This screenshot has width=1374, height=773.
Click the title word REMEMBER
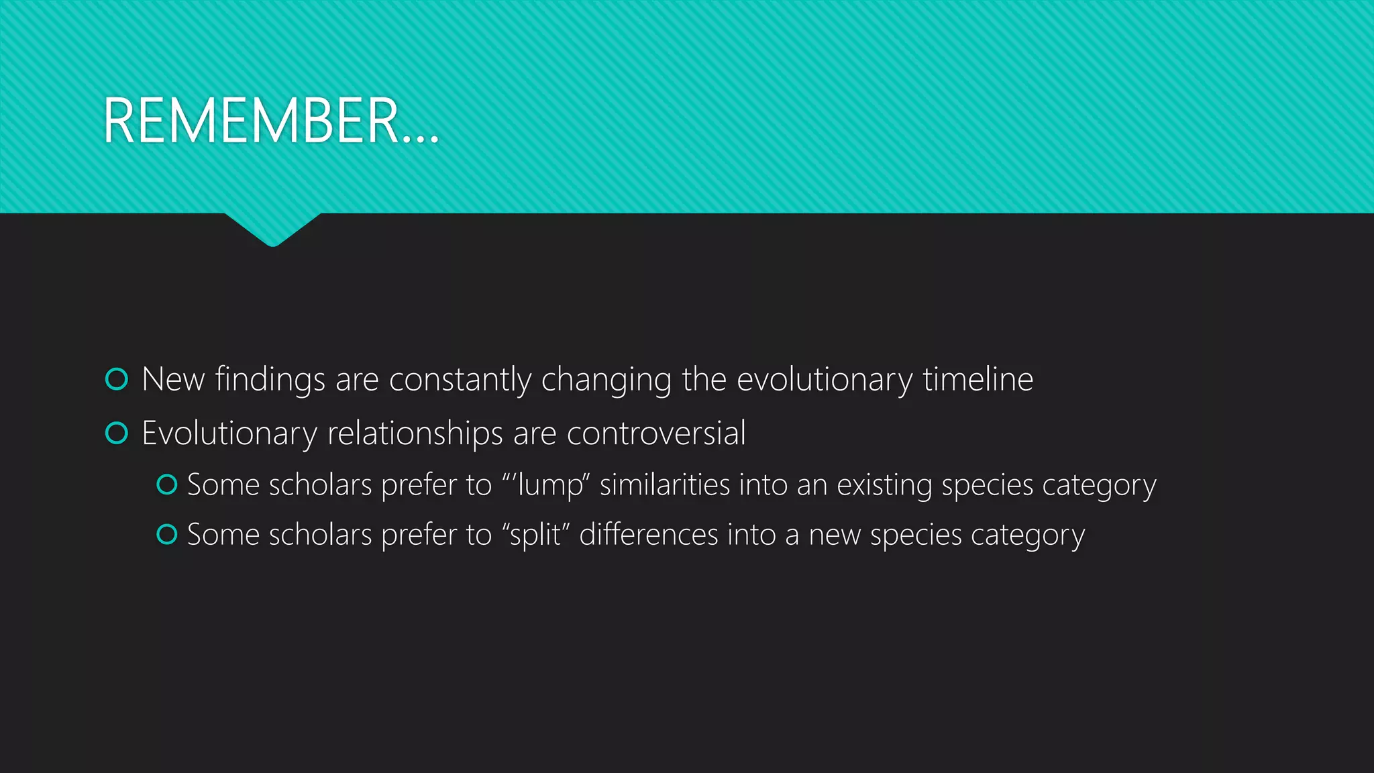(x=252, y=121)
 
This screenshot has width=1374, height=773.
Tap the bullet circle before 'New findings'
(x=117, y=379)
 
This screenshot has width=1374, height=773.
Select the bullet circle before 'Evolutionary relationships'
(x=117, y=433)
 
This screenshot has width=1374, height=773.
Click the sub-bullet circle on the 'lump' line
(x=166, y=484)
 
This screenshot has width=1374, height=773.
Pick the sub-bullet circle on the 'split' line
(x=166, y=535)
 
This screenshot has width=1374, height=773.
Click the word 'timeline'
(x=977, y=379)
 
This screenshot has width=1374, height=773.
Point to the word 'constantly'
(x=460, y=380)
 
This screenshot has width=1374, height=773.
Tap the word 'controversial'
(x=655, y=433)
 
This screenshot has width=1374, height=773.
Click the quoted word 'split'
(x=535, y=535)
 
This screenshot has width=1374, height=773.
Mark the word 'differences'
(x=648, y=535)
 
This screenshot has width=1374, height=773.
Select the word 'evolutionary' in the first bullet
(x=824, y=380)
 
